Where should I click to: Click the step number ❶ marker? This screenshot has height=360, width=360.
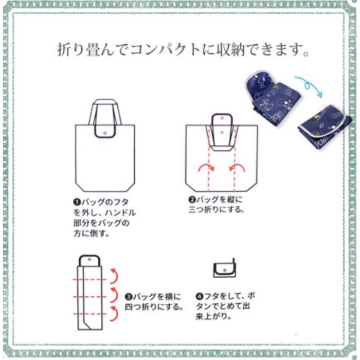77,202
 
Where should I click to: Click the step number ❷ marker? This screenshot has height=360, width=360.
192,200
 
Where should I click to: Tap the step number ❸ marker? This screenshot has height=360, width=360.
129,297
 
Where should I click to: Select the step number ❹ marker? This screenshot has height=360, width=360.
200,296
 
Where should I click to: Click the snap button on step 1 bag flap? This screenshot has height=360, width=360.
105,133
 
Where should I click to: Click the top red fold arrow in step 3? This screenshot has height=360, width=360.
114,276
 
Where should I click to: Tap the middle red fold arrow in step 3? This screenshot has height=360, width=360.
114,295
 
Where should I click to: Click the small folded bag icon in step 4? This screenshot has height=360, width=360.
224,268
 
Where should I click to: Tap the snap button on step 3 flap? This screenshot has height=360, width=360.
89,260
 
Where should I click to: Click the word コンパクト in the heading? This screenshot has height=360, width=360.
165,50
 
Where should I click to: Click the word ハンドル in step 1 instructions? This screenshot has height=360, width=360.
120,213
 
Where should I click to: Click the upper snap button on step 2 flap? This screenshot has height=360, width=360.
222,119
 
